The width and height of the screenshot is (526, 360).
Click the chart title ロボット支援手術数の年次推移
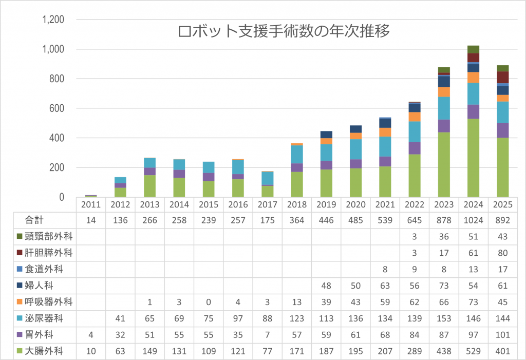tap(284, 32)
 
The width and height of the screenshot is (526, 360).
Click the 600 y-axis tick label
tap(57, 108)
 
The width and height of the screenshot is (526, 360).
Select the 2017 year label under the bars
tap(268, 204)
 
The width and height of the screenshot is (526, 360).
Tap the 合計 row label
tap(34, 220)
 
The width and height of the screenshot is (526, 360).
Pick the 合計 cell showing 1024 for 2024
tap(474, 220)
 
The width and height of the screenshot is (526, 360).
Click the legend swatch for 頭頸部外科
tap(20, 236)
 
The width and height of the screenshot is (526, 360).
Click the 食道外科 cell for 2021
tap(385, 269)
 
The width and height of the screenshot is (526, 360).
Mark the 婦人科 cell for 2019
tap(326, 286)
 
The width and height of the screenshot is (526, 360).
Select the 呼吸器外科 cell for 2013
tap(149, 302)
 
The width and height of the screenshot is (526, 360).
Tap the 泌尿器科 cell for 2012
tap(120, 318)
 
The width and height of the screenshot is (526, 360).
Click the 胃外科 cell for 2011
tap(91, 335)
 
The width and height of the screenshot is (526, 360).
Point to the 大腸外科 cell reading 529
tap(474, 351)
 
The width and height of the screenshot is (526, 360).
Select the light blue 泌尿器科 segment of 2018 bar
tap(297, 154)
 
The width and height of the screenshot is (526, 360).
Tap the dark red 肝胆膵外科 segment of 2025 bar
tap(503, 77)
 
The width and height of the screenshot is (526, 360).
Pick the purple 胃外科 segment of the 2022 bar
tap(415, 148)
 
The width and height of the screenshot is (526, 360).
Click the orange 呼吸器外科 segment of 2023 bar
tap(444, 92)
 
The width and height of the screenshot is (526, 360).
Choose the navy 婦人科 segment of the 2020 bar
tap(355, 129)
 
